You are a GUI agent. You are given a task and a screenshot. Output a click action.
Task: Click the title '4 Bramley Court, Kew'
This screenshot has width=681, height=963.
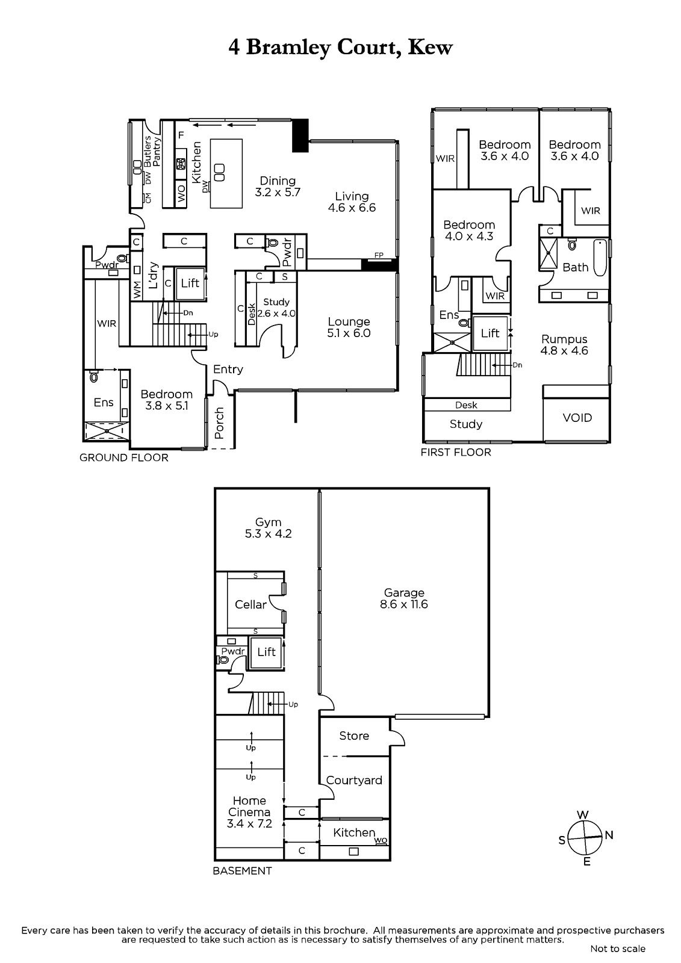tap(340, 48)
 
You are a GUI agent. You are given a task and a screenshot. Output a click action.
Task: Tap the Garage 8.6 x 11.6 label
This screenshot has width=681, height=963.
tap(404, 598)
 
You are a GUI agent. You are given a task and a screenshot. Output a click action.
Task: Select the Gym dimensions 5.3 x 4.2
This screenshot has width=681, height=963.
tap(269, 533)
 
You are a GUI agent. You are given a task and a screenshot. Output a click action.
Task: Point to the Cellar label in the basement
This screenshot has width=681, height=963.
tap(251, 604)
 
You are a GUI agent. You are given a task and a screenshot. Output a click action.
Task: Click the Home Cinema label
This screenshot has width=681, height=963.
tap(249, 807)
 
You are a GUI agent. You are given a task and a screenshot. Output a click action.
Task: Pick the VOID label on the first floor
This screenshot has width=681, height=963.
tap(577, 418)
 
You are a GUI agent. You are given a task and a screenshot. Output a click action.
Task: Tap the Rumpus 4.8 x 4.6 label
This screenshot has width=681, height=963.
tap(564, 345)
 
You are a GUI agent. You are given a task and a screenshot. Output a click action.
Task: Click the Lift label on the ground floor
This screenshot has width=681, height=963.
tap(190, 283)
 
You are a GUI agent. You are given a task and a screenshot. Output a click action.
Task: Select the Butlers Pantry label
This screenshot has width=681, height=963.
tap(152, 151)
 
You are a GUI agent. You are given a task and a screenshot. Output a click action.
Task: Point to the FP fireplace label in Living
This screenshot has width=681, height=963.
tap(379, 255)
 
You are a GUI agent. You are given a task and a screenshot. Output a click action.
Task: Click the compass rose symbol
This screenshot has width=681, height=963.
tap(585, 838)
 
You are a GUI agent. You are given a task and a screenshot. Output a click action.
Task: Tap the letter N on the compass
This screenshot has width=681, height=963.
tap(609, 835)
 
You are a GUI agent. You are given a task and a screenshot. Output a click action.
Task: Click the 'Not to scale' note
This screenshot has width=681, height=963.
tap(618, 949)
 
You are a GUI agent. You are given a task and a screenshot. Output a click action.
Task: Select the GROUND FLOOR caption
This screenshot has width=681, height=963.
tap(124, 457)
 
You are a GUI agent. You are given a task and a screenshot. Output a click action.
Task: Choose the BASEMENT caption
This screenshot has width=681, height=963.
tap(242, 870)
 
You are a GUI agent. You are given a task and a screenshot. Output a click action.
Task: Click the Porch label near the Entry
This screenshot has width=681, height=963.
tap(219, 423)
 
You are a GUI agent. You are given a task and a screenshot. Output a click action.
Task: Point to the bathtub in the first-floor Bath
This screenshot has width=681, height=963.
tap(600, 258)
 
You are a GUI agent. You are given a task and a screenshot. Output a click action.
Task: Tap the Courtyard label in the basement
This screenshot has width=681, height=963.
tap(354, 780)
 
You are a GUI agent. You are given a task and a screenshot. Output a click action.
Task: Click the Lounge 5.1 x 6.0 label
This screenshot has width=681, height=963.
tap(349, 327)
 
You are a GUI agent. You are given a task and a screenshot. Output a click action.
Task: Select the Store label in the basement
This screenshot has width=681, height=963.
tap(354, 735)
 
